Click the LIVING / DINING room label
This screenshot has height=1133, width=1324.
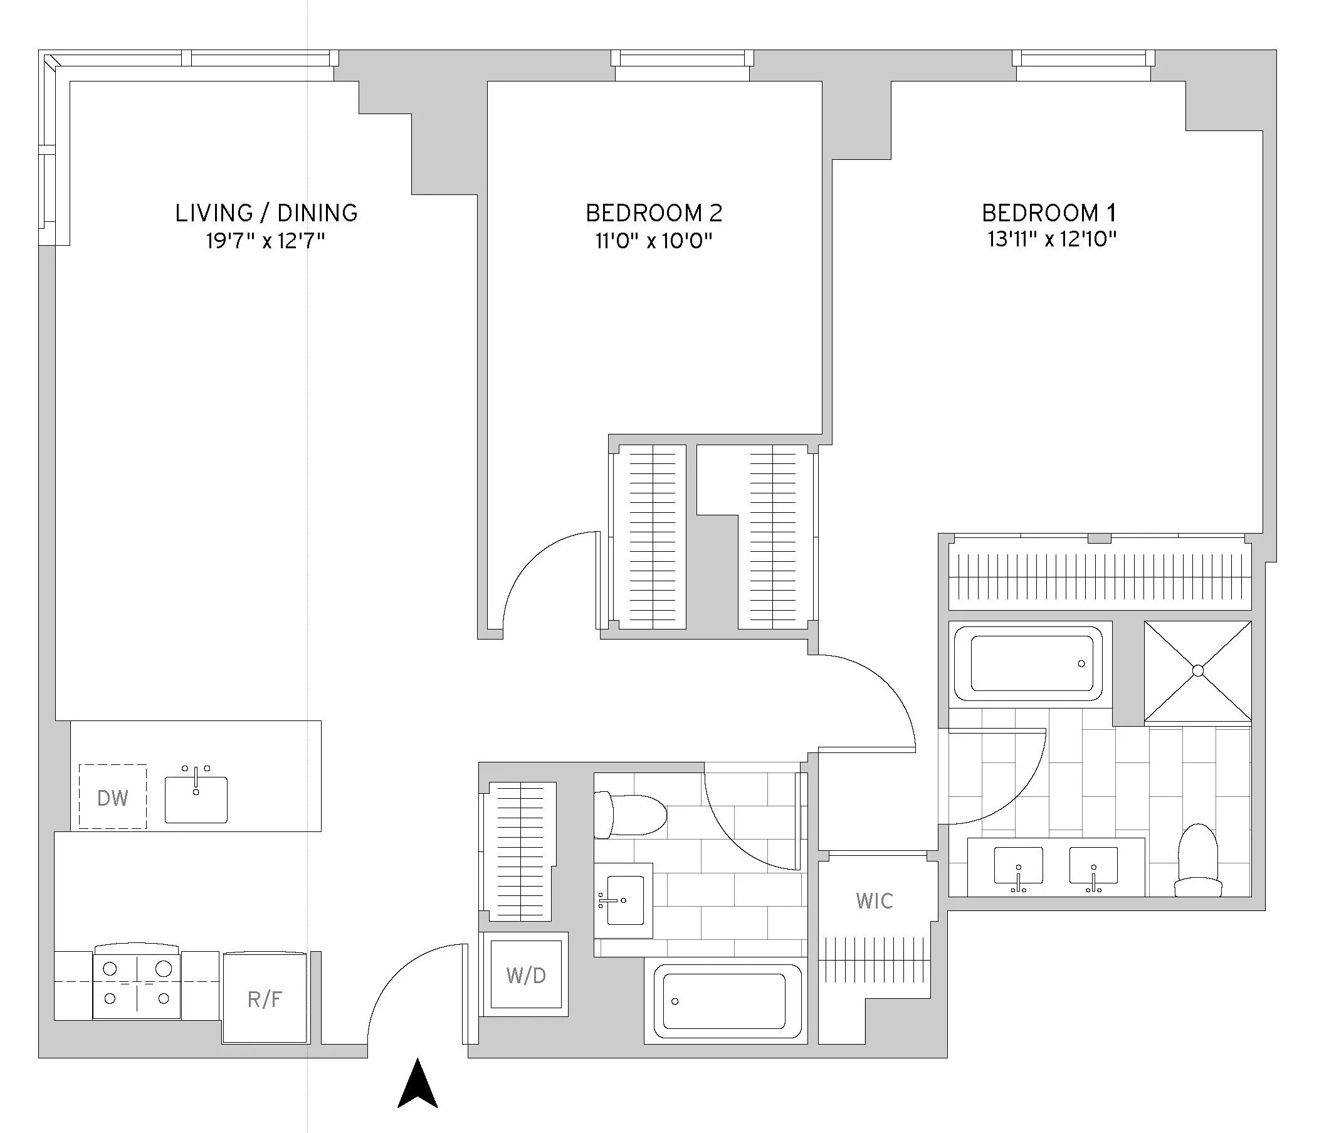point(266,213)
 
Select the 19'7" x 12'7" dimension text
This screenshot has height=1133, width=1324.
point(265,241)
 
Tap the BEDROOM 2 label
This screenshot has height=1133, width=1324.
point(654,213)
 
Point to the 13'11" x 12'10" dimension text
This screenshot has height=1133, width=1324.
point(1052,239)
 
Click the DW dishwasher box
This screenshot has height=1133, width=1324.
point(112,797)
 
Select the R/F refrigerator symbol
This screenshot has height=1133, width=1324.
point(265,999)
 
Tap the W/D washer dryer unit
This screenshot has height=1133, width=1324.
point(525,974)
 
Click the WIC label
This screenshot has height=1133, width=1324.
point(874,901)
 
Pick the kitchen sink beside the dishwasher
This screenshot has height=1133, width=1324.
point(196,799)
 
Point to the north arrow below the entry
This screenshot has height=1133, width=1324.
point(418,1084)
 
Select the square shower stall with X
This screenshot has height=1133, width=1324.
point(1197,670)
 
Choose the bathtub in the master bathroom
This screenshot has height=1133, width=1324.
point(1028,663)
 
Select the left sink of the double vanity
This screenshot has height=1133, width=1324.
point(1019,866)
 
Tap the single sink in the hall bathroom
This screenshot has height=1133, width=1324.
point(624,900)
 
